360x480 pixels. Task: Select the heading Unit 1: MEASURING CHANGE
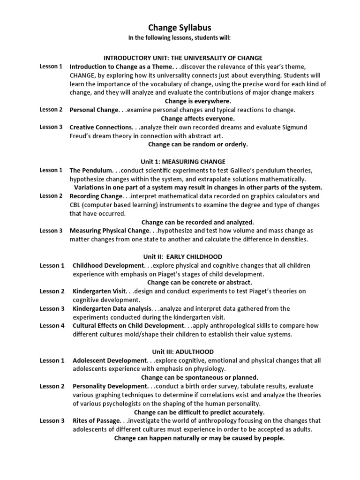tap(180, 162)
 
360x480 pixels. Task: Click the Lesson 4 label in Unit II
tap(52, 325)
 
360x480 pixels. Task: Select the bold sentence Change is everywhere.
tap(198, 101)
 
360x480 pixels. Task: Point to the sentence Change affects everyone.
tap(198, 118)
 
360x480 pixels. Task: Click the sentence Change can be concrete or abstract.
tap(200, 282)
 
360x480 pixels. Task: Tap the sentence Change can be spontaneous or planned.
tap(200, 377)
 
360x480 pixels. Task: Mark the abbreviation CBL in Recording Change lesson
tap(77, 205)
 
